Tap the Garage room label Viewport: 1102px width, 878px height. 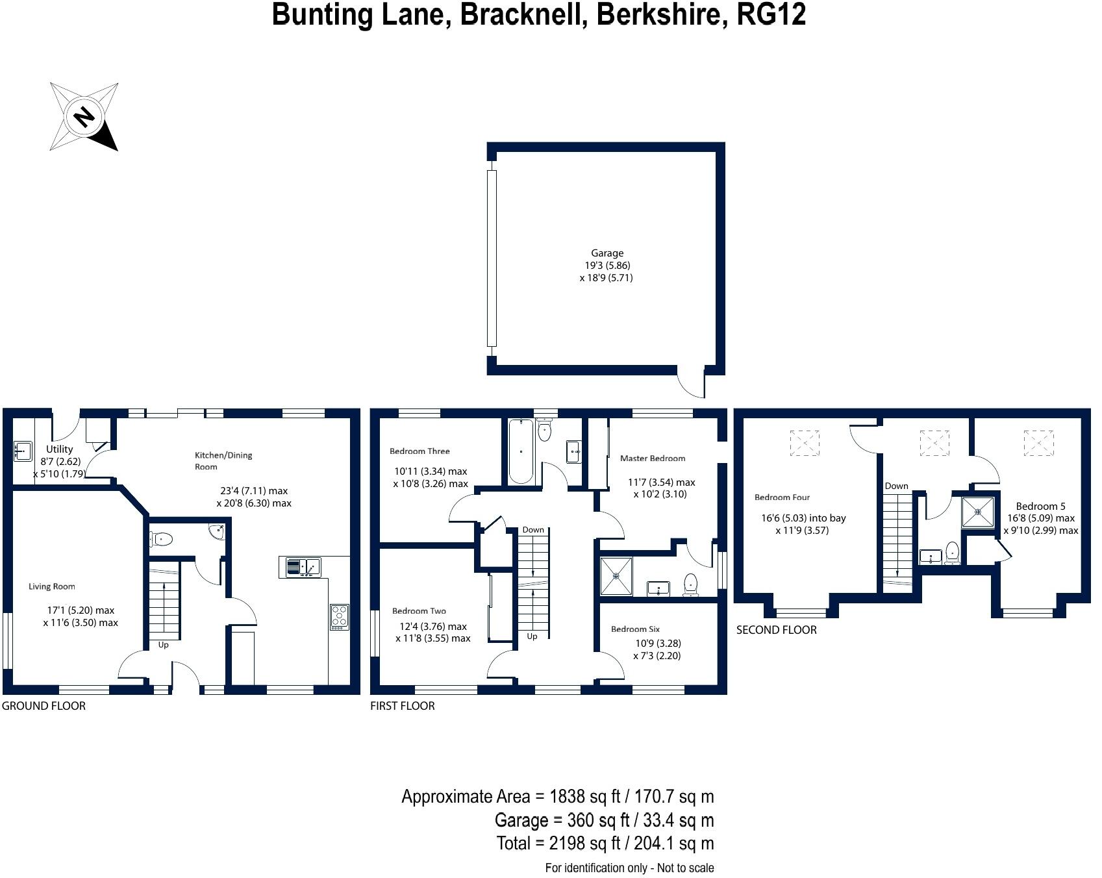click(607, 253)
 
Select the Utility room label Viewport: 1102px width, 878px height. click(59, 449)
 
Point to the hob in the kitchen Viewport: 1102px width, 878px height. click(339, 616)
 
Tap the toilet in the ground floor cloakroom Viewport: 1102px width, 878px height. click(160, 539)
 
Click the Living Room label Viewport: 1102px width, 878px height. click(52, 586)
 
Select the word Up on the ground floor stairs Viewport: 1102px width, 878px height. click(163, 645)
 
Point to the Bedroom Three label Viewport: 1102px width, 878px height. click(420, 451)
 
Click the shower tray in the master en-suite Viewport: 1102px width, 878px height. click(616, 575)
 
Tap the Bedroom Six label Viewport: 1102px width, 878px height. click(635, 629)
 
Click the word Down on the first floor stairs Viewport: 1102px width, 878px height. click(533, 530)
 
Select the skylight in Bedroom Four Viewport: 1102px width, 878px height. click(805, 443)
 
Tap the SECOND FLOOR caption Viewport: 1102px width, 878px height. click(776, 630)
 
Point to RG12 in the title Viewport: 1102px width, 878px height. click(771, 14)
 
